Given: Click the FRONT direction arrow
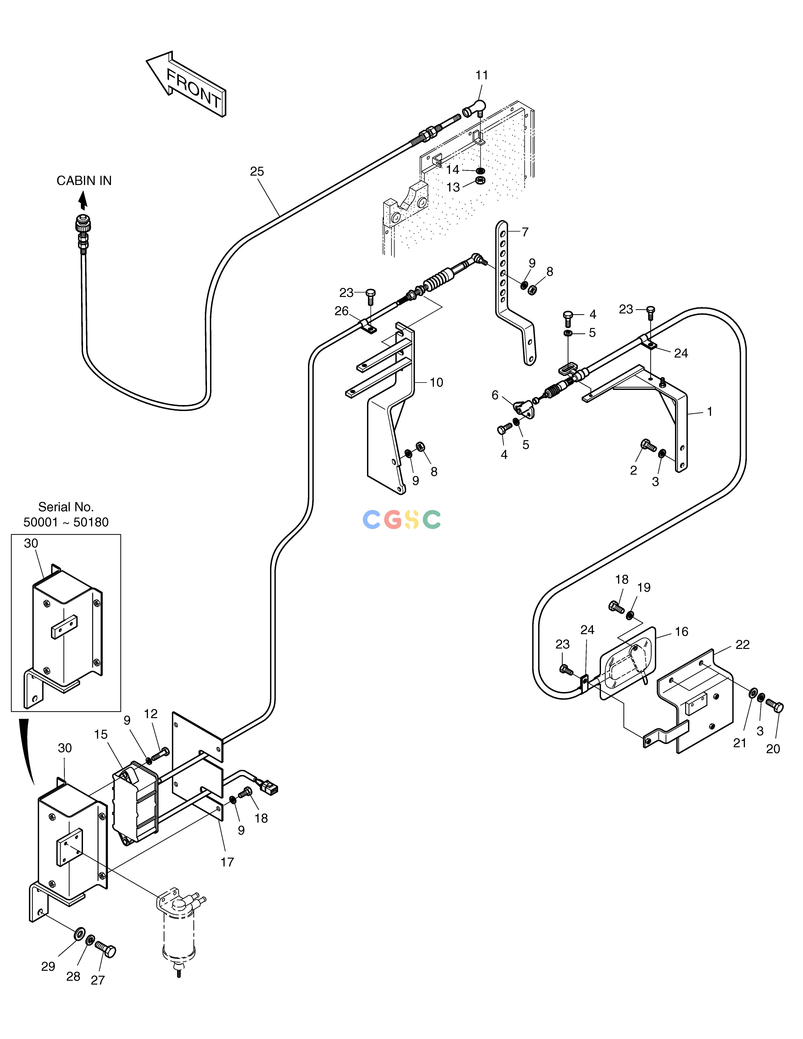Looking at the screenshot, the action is (186, 83).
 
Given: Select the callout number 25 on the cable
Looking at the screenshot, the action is (257, 171).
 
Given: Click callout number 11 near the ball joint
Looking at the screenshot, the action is (482, 75).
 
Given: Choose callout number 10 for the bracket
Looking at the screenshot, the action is (436, 382).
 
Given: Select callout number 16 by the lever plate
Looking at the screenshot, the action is (681, 632).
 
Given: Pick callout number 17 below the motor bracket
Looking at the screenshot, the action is (227, 862).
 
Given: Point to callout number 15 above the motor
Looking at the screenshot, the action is (100, 735).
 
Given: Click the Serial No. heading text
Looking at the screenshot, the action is (66, 507).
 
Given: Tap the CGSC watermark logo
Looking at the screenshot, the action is (401, 519).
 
